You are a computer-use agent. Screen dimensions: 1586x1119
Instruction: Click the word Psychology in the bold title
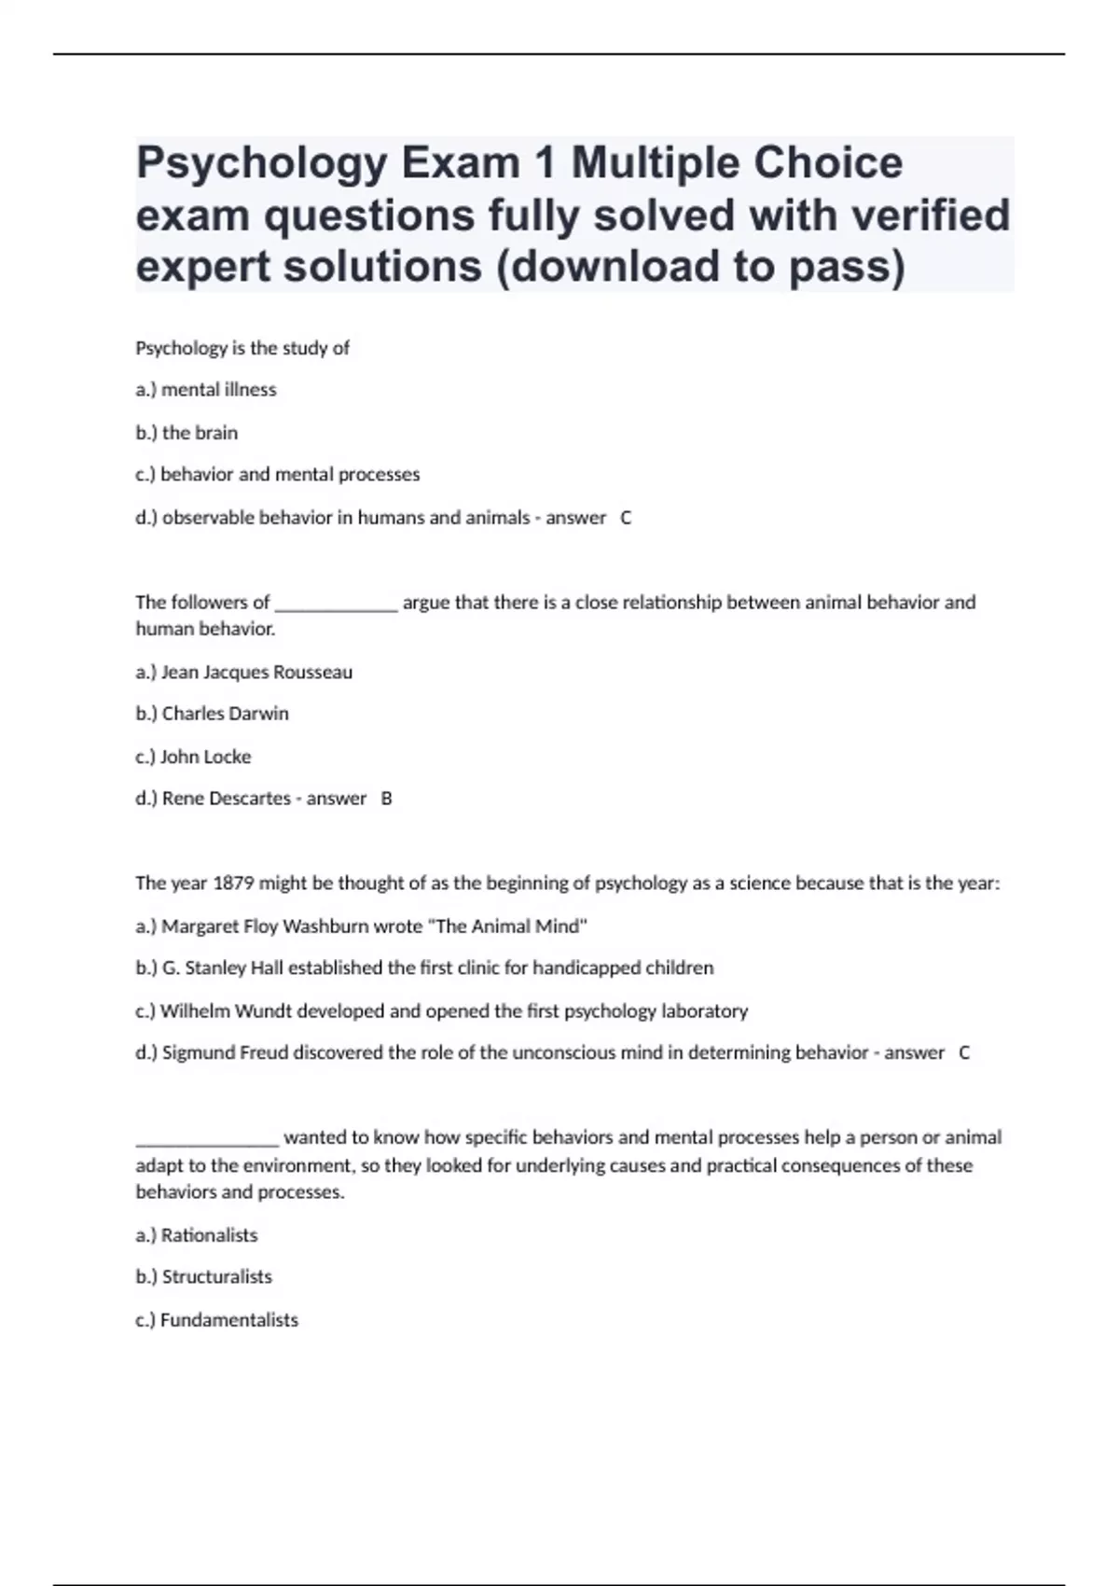[x=261, y=163]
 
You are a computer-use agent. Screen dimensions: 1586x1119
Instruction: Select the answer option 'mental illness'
[x=218, y=390]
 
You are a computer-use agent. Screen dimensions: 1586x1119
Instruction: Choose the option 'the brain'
[x=200, y=433]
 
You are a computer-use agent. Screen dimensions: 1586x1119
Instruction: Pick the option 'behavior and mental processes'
[x=290, y=475]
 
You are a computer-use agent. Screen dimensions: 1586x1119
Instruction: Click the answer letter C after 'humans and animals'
[x=626, y=518]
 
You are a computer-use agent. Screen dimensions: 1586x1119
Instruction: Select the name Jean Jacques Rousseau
[x=256, y=673]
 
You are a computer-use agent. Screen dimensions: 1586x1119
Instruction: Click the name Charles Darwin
[x=225, y=714]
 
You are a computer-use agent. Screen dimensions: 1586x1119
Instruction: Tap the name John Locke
[x=205, y=757]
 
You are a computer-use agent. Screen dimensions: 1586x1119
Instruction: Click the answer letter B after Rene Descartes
[x=387, y=799]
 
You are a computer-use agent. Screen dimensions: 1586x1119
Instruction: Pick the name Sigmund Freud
[x=225, y=1053]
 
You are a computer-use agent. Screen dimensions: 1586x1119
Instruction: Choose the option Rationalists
[x=209, y=1235]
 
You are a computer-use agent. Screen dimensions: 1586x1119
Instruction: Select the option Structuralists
[x=216, y=1277]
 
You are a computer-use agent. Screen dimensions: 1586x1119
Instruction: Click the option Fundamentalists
[x=228, y=1320]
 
